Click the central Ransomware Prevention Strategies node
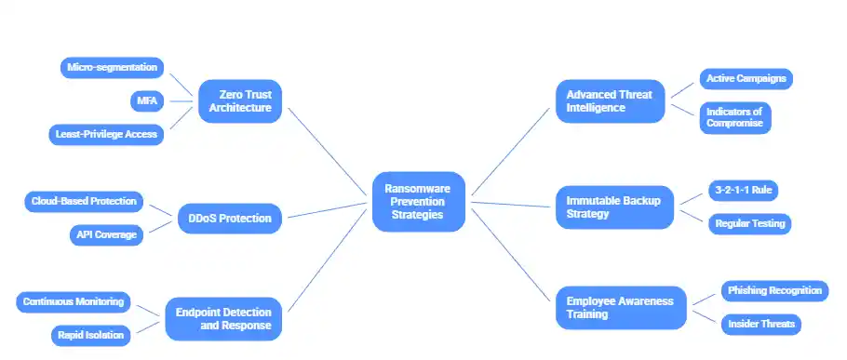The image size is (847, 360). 418,201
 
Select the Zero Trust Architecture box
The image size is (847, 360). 239,100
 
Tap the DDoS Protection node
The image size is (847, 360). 230,219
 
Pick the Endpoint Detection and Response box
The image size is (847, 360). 222,319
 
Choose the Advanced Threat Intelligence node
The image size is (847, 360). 610,100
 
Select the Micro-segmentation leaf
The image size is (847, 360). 113,67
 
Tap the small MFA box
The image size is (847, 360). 147,100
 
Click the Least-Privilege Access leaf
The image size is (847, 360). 106,134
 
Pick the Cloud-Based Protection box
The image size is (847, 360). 83,200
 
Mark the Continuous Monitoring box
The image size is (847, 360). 74,301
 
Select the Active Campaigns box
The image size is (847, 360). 746,78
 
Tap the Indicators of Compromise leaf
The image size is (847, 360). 734,118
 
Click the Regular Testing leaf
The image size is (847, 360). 749,223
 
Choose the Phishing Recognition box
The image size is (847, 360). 773,290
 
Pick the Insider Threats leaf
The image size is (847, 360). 760,324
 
